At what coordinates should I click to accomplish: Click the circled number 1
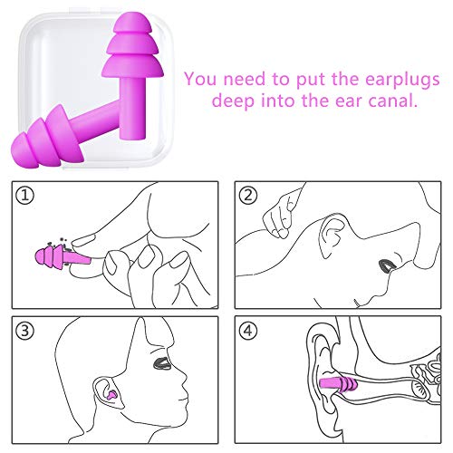point(25,195)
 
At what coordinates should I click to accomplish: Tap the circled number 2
point(248,195)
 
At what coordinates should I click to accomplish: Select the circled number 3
point(25,331)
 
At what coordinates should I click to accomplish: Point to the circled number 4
point(248,331)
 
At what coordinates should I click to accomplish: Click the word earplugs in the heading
point(402,80)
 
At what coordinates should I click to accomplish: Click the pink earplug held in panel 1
point(63,256)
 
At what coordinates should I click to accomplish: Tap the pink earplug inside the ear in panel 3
point(111,395)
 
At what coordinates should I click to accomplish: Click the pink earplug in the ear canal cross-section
point(339,384)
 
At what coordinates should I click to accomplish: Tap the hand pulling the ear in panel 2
point(279,215)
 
